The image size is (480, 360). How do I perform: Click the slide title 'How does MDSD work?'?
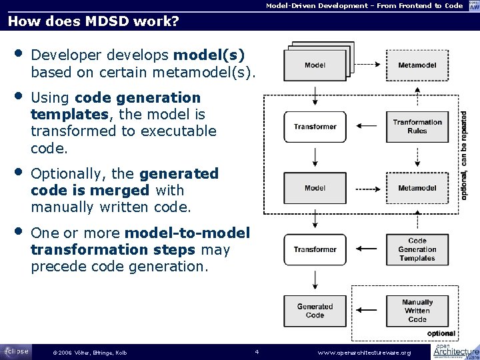click(x=93, y=21)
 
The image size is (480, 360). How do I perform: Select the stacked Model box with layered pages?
click(x=315, y=65)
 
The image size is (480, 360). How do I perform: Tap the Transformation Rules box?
click(x=417, y=127)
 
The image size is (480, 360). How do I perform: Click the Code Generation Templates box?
click(x=417, y=249)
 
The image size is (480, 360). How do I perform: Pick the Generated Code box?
click(x=315, y=311)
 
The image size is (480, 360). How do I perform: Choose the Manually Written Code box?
click(x=417, y=311)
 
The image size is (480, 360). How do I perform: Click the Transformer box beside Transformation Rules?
click(x=315, y=127)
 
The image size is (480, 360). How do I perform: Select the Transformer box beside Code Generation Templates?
click(x=315, y=249)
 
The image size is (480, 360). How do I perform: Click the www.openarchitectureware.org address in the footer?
click(x=365, y=352)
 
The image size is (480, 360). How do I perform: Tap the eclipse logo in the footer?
click(x=15, y=351)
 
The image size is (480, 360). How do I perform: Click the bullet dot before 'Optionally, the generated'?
click(x=19, y=173)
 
